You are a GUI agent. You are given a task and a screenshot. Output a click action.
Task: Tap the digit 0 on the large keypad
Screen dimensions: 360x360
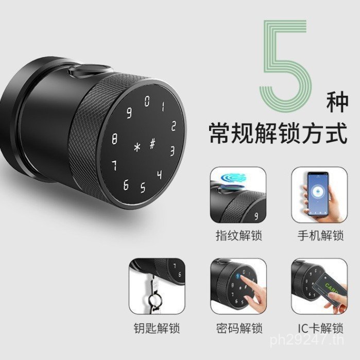point(147,101)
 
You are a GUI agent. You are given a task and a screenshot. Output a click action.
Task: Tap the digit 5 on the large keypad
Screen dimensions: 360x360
point(143,187)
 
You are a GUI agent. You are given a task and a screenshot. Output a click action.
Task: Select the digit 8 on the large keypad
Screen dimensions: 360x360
point(114,139)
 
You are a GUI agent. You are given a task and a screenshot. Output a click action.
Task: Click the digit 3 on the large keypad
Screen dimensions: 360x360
point(172,151)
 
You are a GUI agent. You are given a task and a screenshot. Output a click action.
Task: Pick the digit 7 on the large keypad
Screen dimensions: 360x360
point(114,165)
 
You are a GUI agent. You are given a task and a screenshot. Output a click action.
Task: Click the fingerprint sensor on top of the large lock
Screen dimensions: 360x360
point(89,71)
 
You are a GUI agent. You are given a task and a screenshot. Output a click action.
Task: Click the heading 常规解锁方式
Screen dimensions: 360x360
point(278,133)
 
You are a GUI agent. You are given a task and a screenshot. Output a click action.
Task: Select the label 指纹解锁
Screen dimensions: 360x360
point(239,235)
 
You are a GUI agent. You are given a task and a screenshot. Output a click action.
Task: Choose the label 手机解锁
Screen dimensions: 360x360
point(320,235)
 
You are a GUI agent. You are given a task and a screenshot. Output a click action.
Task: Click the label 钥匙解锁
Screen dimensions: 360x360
point(157,328)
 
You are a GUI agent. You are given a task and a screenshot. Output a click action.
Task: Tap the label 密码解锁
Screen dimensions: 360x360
point(239,328)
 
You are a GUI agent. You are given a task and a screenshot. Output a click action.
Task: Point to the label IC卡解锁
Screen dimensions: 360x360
point(320,328)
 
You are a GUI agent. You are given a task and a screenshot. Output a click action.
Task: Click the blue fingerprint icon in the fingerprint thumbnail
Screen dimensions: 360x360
point(233,178)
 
